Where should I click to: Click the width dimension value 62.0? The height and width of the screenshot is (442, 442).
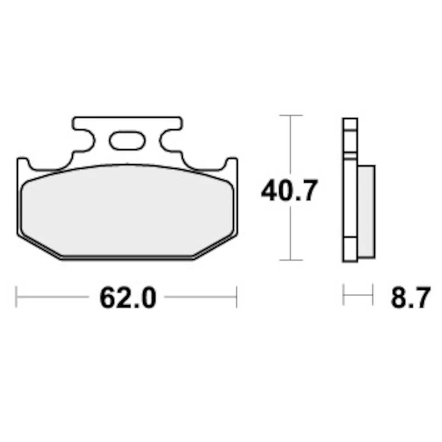[x=128, y=298]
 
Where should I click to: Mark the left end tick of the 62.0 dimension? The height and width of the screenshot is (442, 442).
[x=17, y=297]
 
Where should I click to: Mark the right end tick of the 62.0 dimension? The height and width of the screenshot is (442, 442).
[x=237, y=297]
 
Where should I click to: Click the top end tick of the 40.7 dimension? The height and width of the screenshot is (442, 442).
[x=290, y=115]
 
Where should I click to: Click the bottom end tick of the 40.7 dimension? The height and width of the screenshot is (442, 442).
[x=290, y=260]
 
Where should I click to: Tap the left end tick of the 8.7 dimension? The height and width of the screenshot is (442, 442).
[x=343, y=295]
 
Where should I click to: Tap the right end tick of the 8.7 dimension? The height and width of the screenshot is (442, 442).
[x=372, y=295]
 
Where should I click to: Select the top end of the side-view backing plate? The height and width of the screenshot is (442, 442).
[x=350, y=121]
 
